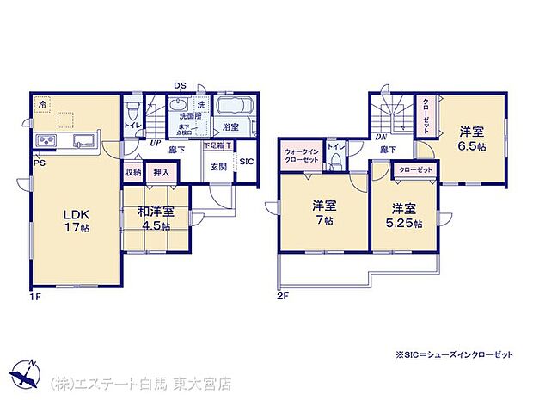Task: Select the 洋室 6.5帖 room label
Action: click(471, 138)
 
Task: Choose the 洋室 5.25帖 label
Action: click(403, 215)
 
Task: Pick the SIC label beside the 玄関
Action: click(246, 161)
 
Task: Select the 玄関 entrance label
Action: click(218, 167)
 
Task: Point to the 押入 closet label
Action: click(161, 172)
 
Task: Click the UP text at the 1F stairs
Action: click(155, 144)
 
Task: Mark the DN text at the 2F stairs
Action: click(379, 137)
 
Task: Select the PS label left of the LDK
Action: click(39, 162)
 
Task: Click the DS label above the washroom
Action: click(181, 85)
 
